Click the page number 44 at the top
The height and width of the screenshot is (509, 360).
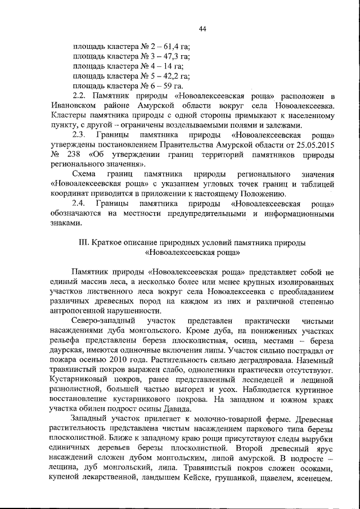(203, 29)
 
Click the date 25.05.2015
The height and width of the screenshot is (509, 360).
(316, 147)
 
